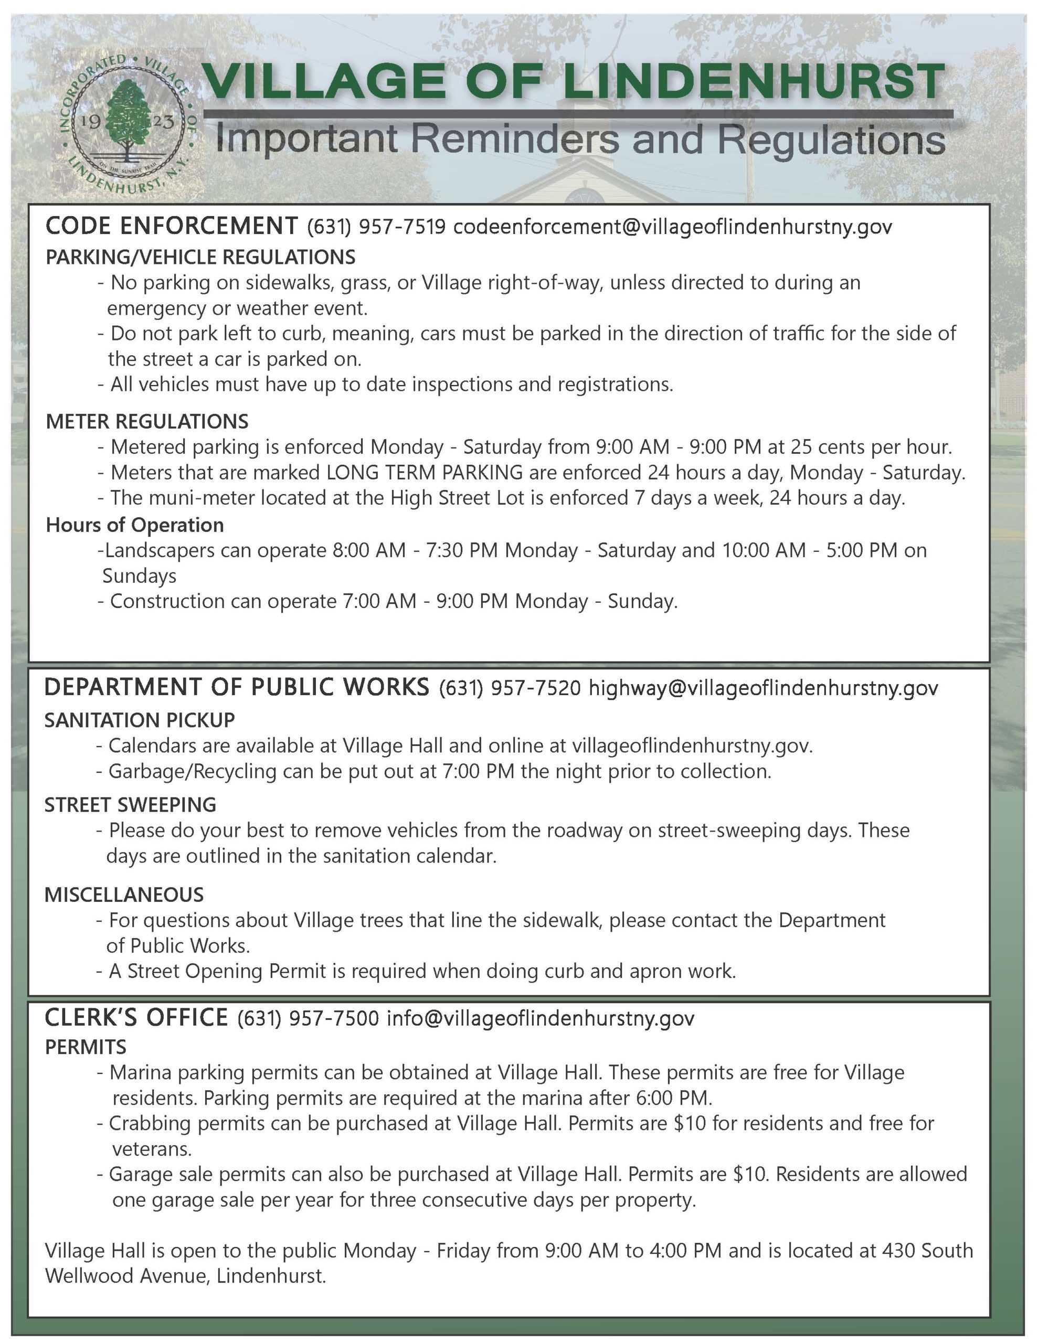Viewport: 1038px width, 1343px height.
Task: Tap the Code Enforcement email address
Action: tap(672, 227)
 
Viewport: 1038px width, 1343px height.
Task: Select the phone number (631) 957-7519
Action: tap(376, 227)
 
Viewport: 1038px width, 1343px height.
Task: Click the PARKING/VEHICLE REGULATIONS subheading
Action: tap(200, 257)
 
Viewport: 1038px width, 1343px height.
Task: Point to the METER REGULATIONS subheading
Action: tap(147, 421)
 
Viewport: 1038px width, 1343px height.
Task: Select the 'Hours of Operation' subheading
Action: tap(135, 525)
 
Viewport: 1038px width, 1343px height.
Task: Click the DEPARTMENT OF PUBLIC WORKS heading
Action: tap(237, 687)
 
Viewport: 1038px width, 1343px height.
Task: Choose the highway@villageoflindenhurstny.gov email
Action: tap(763, 688)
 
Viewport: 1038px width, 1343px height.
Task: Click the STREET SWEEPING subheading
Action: tap(131, 804)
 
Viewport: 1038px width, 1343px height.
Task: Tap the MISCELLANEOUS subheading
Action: tap(124, 894)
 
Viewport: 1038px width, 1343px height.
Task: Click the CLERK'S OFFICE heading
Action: tap(136, 1018)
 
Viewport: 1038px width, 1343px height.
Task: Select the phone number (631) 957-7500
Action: tap(308, 1018)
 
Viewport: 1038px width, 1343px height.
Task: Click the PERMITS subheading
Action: tap(86, 1047)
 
